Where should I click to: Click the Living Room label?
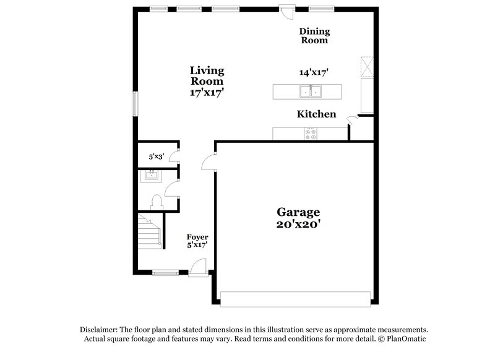point(207,75)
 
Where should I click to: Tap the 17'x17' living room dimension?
point(207,92)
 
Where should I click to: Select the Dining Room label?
point(314,36)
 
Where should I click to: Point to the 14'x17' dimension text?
point(313,72)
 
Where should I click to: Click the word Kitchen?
point(316,114)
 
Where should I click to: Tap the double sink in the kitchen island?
point(311,92)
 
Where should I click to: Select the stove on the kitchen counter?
point(311,133)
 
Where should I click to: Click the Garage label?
point(298,212)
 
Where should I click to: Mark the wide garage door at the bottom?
point(295,299)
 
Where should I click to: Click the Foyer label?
point(197,237)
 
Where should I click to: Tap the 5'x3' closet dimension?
point(156,157)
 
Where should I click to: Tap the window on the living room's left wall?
point(134,103)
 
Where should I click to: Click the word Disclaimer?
point(99,330)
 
